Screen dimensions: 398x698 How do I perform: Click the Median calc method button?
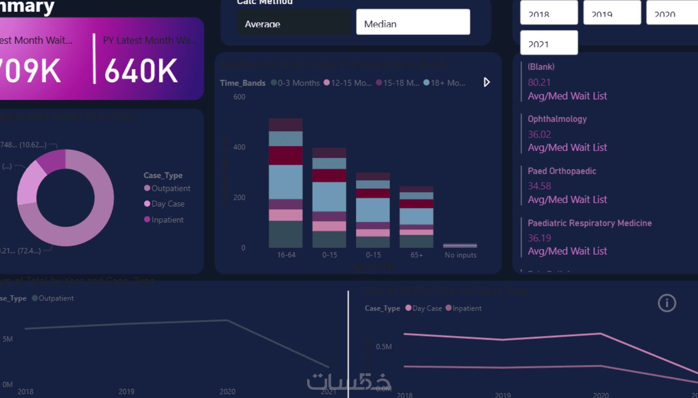[413, 22]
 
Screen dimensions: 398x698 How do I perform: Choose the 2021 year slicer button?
[549, 43]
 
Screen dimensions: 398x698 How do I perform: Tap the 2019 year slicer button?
[612, 13]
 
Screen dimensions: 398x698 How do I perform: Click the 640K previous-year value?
[141, 71]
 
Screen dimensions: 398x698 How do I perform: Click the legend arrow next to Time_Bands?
[487, 82]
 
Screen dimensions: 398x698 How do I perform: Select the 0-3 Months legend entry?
[295, 83]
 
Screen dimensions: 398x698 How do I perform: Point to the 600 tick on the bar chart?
[239, 97]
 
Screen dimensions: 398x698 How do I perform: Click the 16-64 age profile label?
[286, 255]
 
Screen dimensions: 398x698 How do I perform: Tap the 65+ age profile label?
[416, 255]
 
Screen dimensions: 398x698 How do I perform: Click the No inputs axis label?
[460, 255]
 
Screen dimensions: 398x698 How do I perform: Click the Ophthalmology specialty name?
[557, 119]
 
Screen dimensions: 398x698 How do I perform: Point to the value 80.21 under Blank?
[539, 82]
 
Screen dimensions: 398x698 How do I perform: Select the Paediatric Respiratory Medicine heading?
[589, 223]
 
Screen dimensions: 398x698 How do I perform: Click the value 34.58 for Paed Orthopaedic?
[539, 186]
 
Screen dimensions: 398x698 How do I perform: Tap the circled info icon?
[666, 303]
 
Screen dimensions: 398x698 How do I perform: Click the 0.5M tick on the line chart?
[383, 347]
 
